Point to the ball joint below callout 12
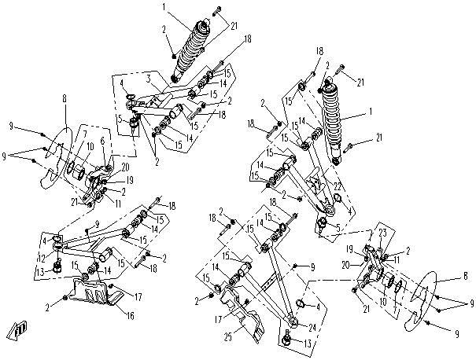pyautogui.click(x=57, y=270)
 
